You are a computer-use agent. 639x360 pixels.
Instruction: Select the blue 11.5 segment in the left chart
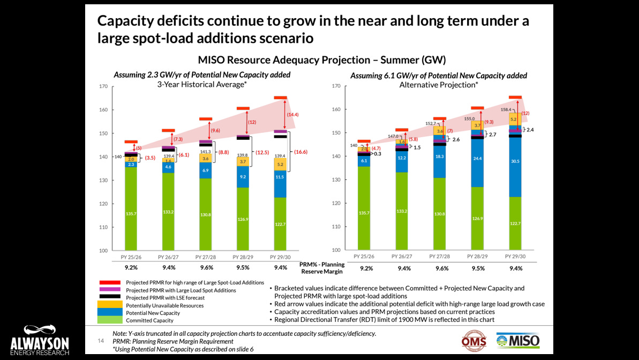280,177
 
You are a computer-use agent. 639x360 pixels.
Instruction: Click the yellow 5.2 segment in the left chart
280,164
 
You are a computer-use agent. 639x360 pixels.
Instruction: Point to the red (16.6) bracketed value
303,152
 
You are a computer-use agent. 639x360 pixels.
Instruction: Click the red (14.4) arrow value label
293,115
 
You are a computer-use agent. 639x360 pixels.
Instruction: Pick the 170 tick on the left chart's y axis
103,86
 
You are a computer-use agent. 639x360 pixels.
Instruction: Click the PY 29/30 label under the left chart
280,257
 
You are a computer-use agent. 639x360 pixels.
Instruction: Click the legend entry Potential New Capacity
153,313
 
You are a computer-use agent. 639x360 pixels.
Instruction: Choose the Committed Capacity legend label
149,320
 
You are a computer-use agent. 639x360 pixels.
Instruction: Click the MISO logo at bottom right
518,341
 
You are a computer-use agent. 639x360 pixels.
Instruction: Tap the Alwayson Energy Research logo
39,340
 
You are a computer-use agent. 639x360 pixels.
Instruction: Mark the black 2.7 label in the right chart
493,134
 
